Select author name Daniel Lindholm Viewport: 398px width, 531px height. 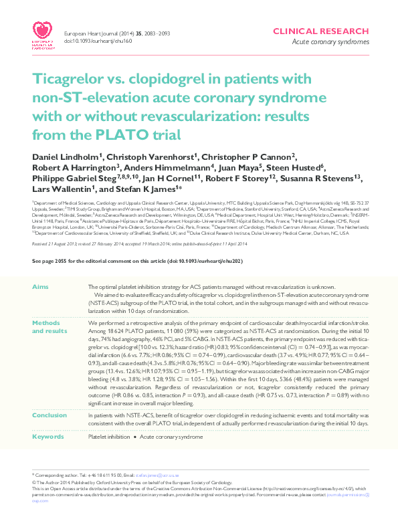click(x=68, y=156)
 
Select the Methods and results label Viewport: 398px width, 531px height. click(x=49, y=326)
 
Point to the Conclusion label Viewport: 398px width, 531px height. click(x=49, y=415)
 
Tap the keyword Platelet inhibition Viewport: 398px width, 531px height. click(x=109, y=436)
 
